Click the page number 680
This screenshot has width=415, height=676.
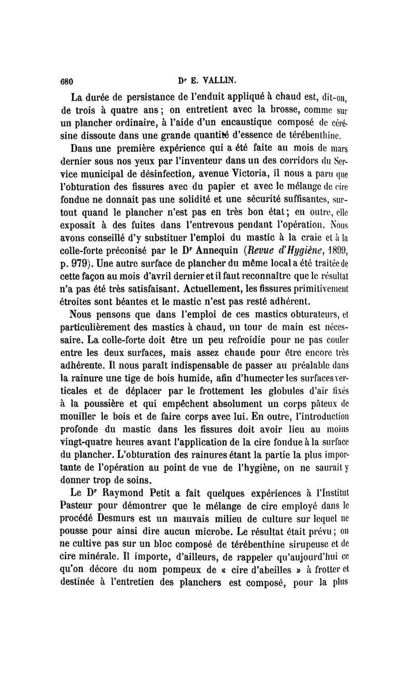pyautogui.click(x=69, y=80)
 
